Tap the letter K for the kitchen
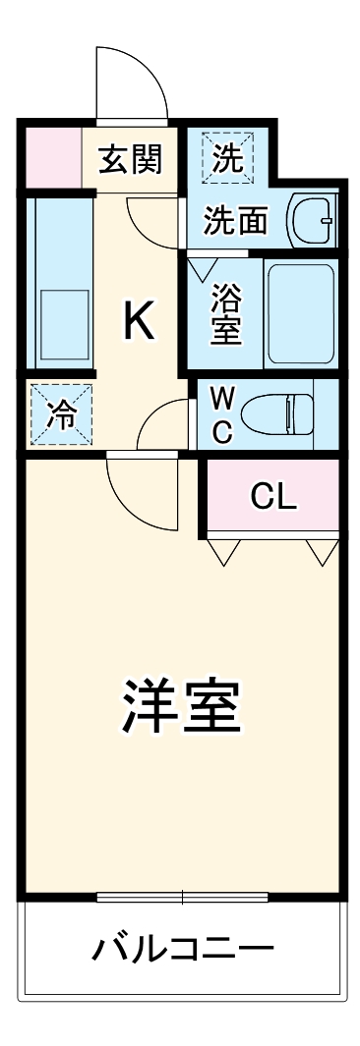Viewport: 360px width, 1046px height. point(138,320)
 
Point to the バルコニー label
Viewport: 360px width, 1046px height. point(183,950)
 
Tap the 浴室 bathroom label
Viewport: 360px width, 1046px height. point(227,313)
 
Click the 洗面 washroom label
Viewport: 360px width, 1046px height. point(235,221)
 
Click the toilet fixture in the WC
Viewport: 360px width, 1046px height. point(281,413)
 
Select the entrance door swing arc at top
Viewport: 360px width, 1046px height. point(132,81)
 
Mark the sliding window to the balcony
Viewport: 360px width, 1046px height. point(183,896)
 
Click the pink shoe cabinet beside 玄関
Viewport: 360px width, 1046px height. point(48,154)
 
